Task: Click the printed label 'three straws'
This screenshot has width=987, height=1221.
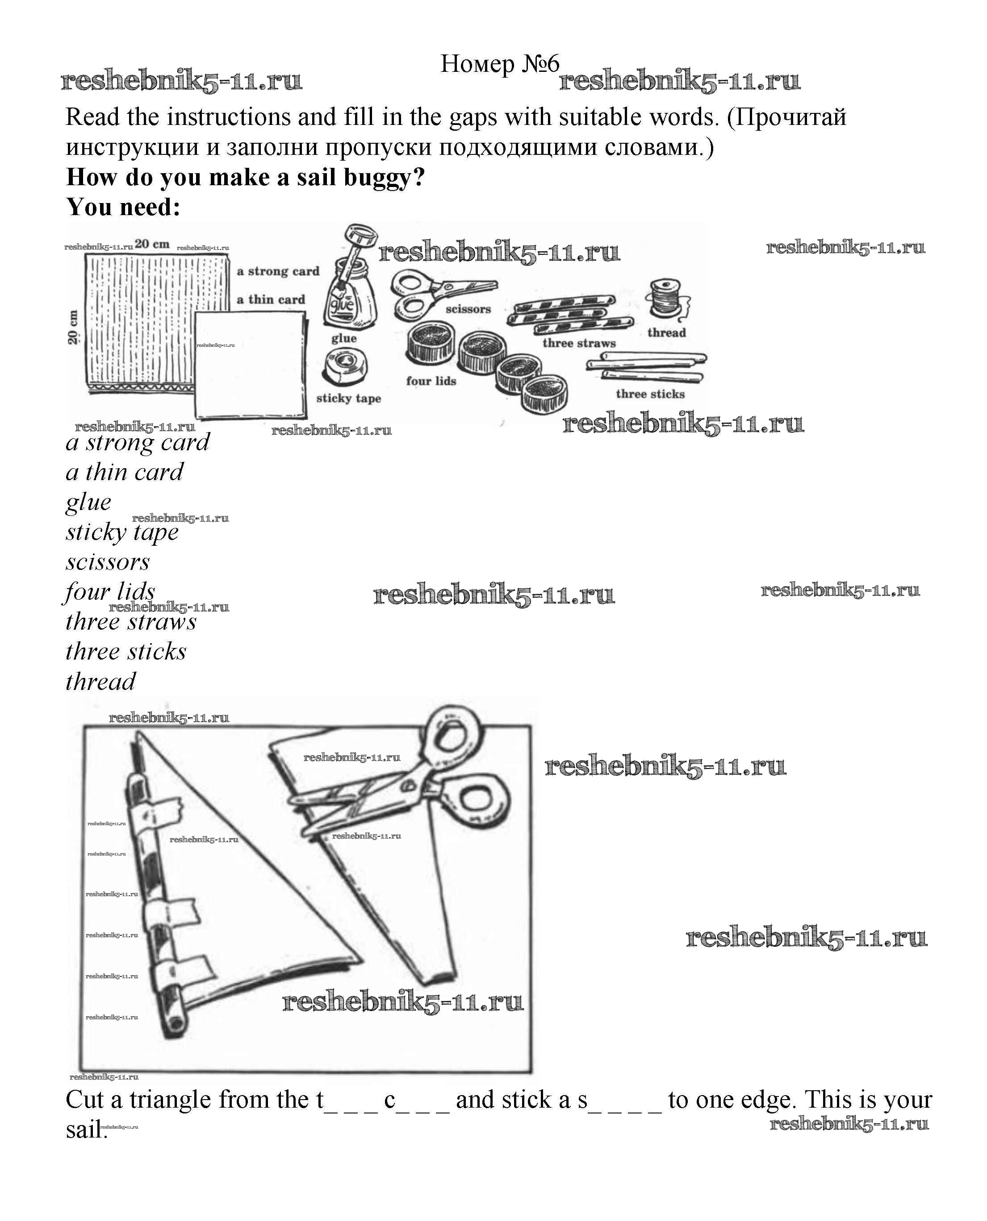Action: (579, 343)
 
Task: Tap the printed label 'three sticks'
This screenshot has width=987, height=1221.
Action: (650, 394)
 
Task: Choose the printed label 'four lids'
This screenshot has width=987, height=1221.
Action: (431, 381)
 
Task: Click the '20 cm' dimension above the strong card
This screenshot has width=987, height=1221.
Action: (152, 244)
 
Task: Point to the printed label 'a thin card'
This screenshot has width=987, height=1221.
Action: (271, 299)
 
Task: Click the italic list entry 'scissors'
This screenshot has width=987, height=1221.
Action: (108, 562)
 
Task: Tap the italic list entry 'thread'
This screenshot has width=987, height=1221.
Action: (100, 681)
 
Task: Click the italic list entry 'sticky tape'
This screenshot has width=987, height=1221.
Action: (121, 532)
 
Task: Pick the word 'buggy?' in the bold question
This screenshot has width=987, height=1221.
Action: (385, 178)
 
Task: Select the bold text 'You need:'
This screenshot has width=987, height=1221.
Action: (123, 208)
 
